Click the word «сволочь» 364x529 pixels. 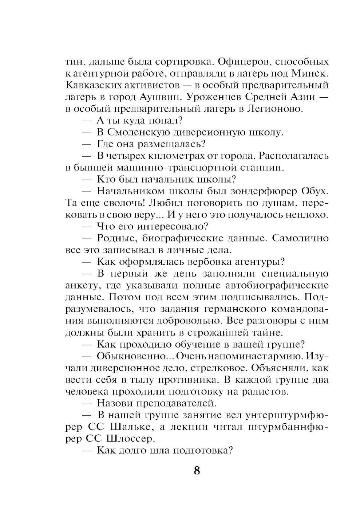coord(118,203)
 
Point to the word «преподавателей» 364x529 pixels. coord(178,403)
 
